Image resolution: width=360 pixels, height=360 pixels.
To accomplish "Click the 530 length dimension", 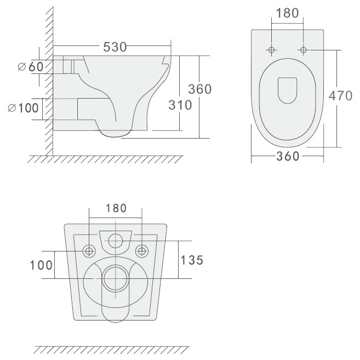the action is pyautogui.click(x=115, y=47).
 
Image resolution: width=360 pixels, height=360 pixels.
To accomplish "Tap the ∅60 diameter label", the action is pyautogui.click(x=31, y=67).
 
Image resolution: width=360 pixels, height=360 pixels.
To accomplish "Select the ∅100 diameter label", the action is pyautogui.click(x=23, y=108).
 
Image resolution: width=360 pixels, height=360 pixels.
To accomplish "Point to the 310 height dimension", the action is pyautogui.click(x=180, y=105).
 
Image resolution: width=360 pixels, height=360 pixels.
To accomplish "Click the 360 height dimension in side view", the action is pyautogui.click(x=200, y=89).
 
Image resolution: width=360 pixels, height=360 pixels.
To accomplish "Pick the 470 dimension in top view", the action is pyautogui.click(x=340, y=95).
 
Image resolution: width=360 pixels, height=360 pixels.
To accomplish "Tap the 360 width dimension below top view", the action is pyautogui.click(x=288, y=156).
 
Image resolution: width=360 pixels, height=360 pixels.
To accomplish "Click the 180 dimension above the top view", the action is pyautogui.click(x=287, y=13).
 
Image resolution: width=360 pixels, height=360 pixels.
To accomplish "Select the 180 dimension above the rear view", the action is pyautogui.click(x=116, y=208).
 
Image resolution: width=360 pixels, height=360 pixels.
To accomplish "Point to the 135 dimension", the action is pyautogui.click(x=192, y=260).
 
